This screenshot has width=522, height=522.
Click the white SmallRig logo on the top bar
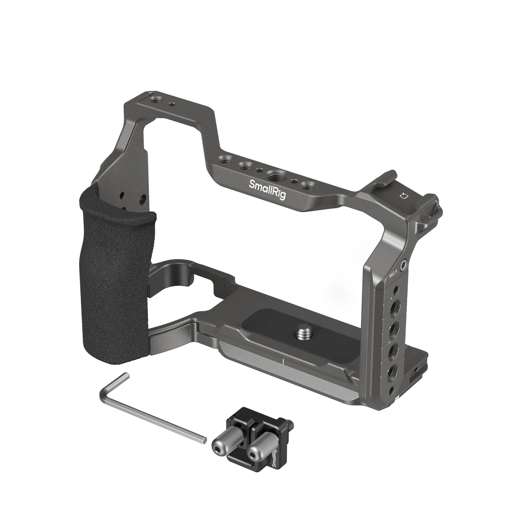pyautogui.click(x=267, y=189)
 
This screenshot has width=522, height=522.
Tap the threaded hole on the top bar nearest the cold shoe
pyautogui.click(x=307, y=187)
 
